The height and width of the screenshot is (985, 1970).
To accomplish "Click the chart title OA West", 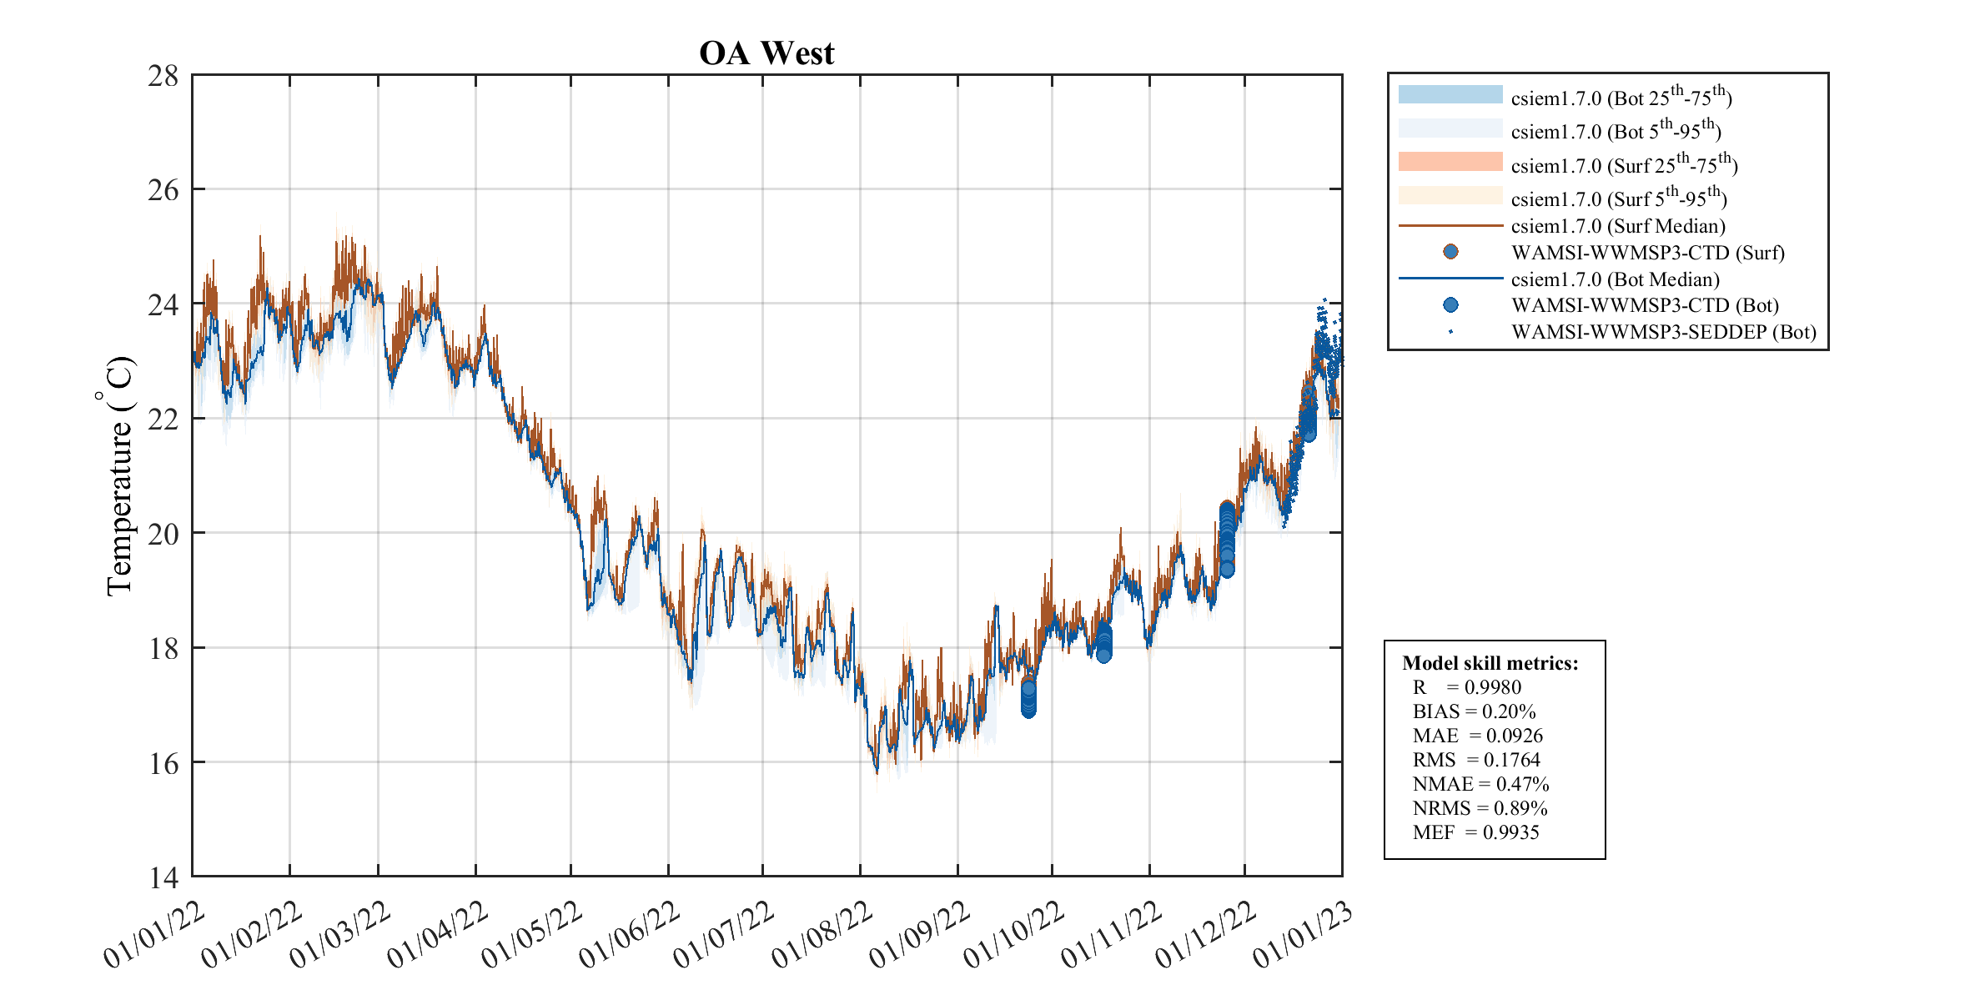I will pos(766,53).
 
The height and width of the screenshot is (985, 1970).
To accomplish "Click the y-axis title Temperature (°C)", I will pos(118,475).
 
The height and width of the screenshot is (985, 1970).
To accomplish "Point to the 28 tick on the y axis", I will pos(163,76).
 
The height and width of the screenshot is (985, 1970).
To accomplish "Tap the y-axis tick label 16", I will pos(163,763).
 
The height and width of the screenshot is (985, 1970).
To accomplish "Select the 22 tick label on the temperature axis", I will pos(163,420).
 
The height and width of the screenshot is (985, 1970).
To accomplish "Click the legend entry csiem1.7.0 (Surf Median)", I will pos(1617,226).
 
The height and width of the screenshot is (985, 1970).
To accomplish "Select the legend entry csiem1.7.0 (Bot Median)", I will pos(1615,279).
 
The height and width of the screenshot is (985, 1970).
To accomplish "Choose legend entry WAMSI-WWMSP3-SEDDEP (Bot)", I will pos(1663,332).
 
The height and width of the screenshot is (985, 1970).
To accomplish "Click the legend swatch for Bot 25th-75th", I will pos(1450,94).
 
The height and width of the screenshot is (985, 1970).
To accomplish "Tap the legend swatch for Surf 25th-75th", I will pos(1450,162).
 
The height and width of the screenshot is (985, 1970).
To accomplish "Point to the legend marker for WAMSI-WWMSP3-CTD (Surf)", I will pos(1450,252).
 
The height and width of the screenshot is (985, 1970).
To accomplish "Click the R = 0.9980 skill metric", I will pos(1466,687).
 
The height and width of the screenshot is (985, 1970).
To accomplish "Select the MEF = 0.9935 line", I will pos(1475,832).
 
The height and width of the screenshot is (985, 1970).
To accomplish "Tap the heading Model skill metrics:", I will pos(1490,663).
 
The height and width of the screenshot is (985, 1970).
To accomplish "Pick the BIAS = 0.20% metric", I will pos(1474,711).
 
